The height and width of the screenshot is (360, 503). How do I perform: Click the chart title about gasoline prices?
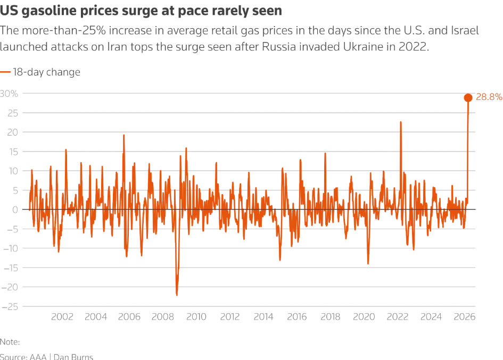click(x=141, y=10)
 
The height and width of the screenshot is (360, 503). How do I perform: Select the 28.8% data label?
click(x=489, y=97)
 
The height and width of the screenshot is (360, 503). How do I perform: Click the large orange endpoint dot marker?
click(x=468, y=97)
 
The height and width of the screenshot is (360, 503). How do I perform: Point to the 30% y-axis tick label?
click(x=9, y=94)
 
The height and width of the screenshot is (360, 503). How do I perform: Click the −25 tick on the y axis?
click(x=10, y=306)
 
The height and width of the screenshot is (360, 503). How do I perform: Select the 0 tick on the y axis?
click(x=15, y=210)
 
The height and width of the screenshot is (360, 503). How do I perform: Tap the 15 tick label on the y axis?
click(x=13, y=152)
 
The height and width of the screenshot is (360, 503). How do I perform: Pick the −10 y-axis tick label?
click(x=10, y=248)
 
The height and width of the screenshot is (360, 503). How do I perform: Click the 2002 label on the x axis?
click(x=62, y=317)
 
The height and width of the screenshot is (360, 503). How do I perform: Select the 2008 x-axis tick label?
click(x=163, y=317)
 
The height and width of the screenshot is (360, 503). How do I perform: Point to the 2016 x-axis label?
click(x=296, y=317)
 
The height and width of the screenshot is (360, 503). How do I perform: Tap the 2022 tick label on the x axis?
click(x=397, y=317)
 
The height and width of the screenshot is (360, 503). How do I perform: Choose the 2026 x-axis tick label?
click(x=464, y=317)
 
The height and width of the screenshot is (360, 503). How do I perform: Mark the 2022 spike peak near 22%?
click(x=400, y=122)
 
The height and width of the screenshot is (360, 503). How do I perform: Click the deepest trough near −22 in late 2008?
click(x=177, y=295)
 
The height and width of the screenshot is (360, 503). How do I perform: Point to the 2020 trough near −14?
click(x=368, y=263)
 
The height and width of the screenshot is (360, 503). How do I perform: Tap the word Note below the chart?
click(x=9, y=342)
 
